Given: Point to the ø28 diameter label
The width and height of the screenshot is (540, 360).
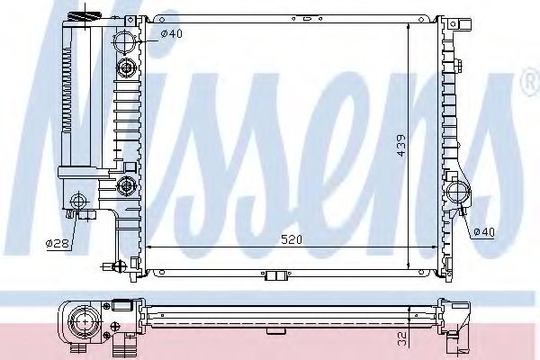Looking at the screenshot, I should (57, 243).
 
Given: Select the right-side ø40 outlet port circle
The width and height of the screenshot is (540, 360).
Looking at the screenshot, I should (460, 192).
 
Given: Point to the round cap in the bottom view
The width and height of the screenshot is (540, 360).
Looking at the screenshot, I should (85, 320).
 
